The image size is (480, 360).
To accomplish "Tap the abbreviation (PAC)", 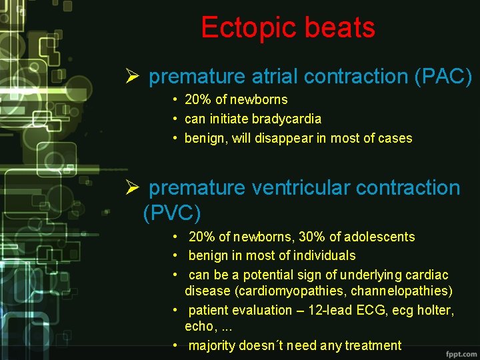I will coord(443,77).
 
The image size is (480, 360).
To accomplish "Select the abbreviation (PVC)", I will coord(172,213).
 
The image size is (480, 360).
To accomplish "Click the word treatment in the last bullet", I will coord(371,345).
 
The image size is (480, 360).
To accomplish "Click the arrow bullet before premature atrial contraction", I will coord(131,77).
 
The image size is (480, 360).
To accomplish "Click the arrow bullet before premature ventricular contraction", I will coord(131,189).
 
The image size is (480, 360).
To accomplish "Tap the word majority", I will coord(213,345).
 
